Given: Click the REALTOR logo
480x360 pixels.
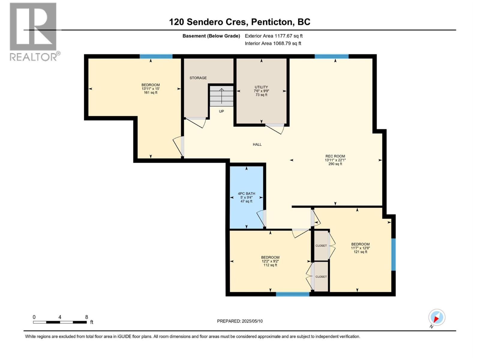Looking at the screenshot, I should tap(33, 31).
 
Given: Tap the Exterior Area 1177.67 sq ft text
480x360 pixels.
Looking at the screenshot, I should tap(274, 36).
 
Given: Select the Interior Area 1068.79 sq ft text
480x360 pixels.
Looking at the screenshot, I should tap(273, 43).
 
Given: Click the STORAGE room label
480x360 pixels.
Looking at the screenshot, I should tap(198, 78).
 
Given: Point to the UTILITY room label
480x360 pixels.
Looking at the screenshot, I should tap(261, 87).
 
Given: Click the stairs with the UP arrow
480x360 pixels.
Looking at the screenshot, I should tap(221, 96).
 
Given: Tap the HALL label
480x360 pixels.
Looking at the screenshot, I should tap(257, 145).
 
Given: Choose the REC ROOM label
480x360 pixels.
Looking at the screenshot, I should tap(335, 156).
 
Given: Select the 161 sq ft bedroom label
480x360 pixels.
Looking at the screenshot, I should tap(151, 89).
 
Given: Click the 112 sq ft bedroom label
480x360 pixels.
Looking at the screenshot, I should tap(270, 261).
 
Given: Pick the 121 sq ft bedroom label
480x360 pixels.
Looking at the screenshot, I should tap(360, 248).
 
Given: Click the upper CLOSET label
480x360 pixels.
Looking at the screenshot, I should tap(321, 246).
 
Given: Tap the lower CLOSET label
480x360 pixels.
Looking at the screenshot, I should tap(321, 277).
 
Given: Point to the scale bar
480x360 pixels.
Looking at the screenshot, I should tap(60, 322).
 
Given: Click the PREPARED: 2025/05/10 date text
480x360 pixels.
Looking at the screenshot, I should tap(240, 321).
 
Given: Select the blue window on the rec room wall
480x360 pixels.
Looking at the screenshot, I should tap(331, 56).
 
